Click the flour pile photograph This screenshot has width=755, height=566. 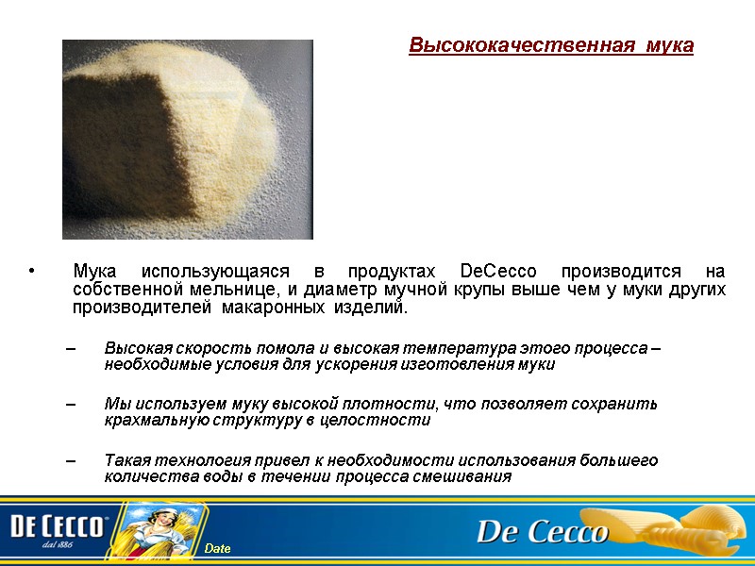point(187,139)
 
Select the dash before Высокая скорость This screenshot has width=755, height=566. point(72,348)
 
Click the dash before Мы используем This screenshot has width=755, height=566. point(72,404)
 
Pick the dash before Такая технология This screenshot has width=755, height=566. point(72,460)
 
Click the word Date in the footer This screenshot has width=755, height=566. point(218,549)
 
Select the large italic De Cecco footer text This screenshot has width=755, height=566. point(542,533)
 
